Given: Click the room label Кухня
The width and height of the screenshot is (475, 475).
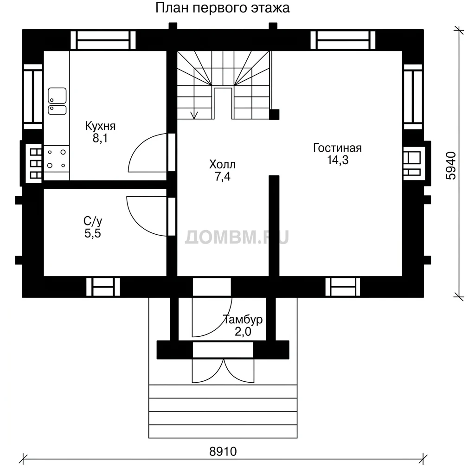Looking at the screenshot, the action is (100, 126).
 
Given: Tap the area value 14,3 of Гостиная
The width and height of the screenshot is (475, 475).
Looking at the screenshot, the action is (338, 160).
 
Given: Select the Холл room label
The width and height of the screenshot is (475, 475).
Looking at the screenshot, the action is (222, 165).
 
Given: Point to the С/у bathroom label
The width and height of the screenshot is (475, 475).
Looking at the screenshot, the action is (93, 221).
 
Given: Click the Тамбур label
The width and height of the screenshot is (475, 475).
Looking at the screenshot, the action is (243, 320).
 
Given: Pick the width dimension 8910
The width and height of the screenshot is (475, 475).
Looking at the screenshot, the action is (223, 451).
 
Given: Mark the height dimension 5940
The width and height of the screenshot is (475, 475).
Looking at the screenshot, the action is (451, 166).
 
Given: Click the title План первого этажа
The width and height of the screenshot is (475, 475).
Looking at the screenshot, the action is (222, 8).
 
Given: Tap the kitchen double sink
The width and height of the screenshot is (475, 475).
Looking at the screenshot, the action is (57, 101).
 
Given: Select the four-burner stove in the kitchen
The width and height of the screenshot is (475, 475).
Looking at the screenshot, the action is (57, 159).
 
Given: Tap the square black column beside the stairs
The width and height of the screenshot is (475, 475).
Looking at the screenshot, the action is (274, 115).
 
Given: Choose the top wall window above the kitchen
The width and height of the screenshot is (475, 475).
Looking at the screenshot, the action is (103, 40).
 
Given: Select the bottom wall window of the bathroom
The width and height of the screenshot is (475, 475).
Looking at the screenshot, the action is (103, 287).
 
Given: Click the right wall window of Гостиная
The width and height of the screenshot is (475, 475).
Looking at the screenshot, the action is (413, 96).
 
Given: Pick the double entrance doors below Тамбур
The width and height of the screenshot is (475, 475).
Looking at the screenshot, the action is (223, 371).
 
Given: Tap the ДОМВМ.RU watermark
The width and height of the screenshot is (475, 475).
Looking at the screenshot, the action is (237, 237).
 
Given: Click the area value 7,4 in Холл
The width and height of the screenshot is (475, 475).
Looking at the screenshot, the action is (223, 176).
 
